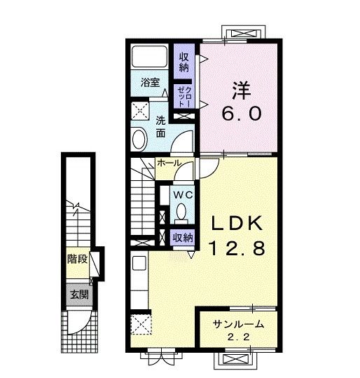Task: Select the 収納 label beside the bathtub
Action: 184,62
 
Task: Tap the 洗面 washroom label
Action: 160,126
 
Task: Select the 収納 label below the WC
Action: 183,238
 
